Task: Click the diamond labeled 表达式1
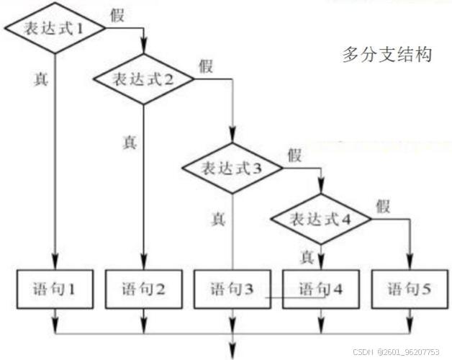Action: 55,28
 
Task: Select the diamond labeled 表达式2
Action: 143,78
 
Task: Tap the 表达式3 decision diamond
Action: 232,168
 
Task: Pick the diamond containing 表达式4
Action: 321,219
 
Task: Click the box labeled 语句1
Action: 55,289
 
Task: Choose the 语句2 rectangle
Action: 143,289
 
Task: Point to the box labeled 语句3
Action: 232,289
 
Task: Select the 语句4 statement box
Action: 321,289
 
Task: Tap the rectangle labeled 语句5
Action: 410,289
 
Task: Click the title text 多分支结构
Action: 387,54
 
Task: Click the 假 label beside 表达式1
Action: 117,15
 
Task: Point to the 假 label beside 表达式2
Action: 206,66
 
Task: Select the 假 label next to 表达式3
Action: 294,156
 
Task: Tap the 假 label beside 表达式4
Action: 383,206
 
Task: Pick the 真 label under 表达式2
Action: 129,143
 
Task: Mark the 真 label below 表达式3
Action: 218,219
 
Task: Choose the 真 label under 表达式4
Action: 307,257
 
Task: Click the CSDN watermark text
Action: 396,352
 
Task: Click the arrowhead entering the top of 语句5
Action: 410,262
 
